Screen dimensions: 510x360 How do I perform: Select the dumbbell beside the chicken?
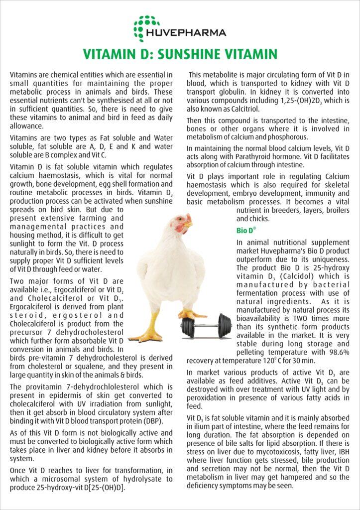click(x=206, y=325)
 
